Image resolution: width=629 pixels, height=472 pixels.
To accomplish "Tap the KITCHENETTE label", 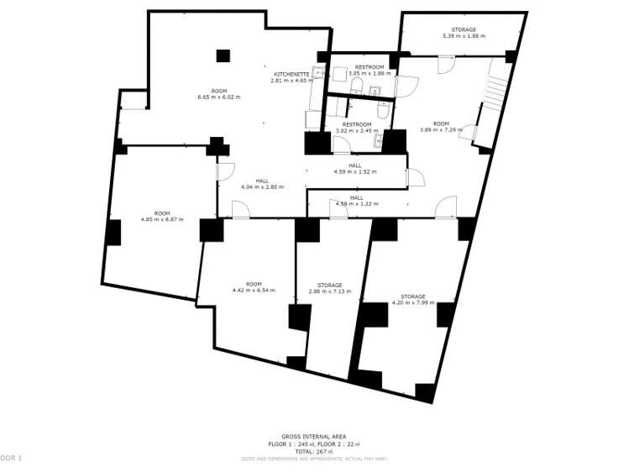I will [291, 74].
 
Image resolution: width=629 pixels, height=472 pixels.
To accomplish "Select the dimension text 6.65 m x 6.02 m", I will [218, 97].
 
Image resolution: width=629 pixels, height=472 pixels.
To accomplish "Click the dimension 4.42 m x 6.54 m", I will [253, 291].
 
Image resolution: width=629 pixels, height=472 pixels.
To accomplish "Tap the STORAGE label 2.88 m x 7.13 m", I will [329, 291].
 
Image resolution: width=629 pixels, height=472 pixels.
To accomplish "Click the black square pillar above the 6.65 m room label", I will [223, 55].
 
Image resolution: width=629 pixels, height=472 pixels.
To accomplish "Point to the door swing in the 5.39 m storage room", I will [446, 64].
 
